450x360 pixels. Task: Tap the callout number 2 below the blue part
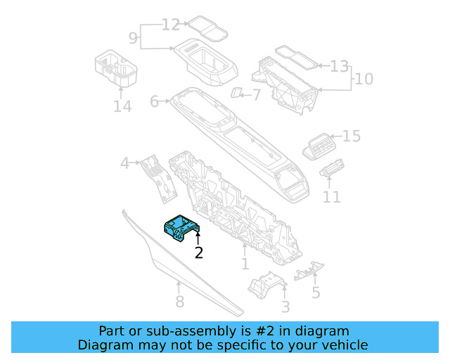pos(199,253)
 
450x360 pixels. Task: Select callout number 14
pos(122,106)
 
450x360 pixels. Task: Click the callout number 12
pos(171,25)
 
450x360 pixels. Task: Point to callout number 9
pos(134,37)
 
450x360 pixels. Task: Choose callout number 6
pos(155,102)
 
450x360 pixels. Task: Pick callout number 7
pos(256,94)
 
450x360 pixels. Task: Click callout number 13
pos(340,66)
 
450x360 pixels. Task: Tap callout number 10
pos(364,78)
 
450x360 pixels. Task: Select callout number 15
pos(351,136)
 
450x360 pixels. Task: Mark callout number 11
pos(331,197)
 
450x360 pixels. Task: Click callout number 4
pos(125,164)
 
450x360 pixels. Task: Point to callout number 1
pos(245,264)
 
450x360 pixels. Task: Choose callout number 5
pos(316,292)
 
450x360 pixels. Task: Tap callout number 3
pos(285,307)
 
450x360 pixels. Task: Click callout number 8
pos(179,302)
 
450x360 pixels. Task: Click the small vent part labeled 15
pos(319,146)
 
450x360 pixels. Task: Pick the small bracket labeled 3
pos(266,285)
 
